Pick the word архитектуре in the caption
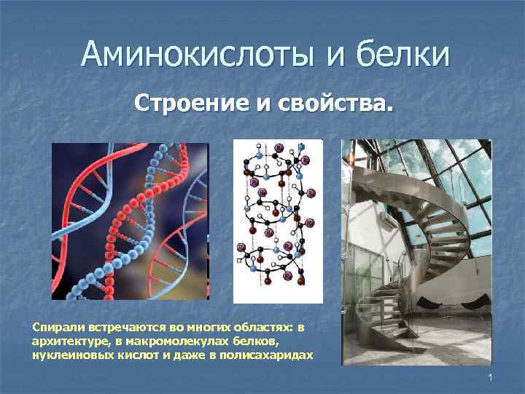(x=66, y=341)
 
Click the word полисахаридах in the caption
(x=274, y=355)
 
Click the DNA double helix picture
(x=130, y=221)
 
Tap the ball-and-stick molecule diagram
(x=277, y=221)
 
